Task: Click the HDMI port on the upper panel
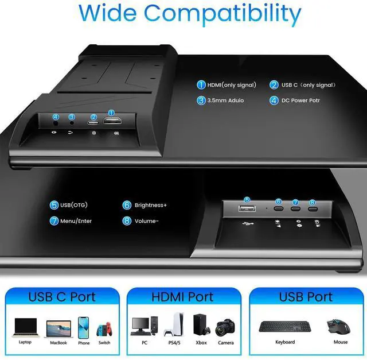pyautogui.click(x=111, y=121)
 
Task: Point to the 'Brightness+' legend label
pyautogui.click(x=151, y=205)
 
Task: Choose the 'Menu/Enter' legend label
pyautogui.click(x=75, y=220)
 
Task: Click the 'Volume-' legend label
pyautogui.click(x=147, y=220)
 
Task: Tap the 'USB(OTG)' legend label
pyautogui.click(x=73, y=205)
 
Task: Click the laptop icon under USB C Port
pyautogui.click(x=25, y=327)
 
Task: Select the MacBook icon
pyautogui.click(x=57, y=328)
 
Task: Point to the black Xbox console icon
pyautogui.click(x=200, y=325)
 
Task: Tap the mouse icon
pyautogui.click(x=338, y=326)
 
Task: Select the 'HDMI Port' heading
pyautogui.click(x=182, y=297)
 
